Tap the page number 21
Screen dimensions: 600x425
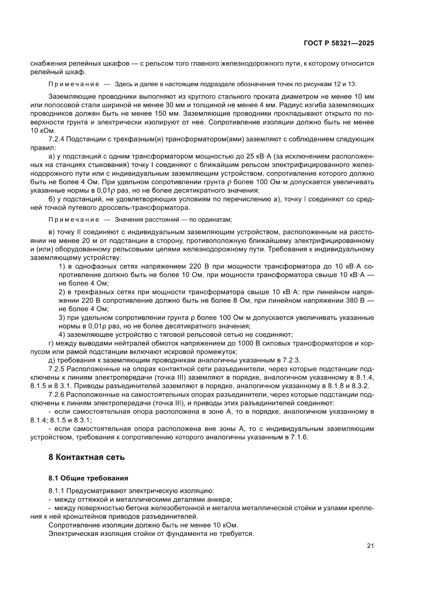coord(370,546)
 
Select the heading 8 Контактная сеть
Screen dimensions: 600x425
coord(87,457)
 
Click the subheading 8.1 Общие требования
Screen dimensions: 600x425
coord(85,478)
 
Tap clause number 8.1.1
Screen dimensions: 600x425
coord(57,492)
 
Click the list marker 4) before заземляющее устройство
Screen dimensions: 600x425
coord(62,334)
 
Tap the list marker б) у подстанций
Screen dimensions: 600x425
coord(52,200)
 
